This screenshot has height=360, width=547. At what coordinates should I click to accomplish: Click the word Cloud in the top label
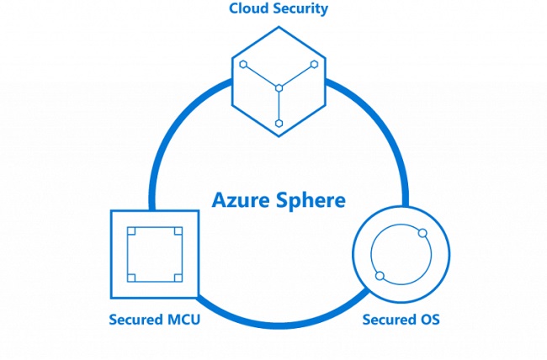click(245, 8)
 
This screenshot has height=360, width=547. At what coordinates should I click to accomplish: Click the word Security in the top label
click(296, 9)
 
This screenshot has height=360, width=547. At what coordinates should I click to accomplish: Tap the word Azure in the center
click(241, 200)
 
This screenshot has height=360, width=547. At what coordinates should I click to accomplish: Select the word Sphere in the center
click(311, 200)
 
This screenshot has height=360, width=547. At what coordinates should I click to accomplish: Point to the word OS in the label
click(428, 320)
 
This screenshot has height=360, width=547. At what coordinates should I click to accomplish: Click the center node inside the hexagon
click(279, 88)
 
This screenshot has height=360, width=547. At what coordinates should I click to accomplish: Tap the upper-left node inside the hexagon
click(243, 65)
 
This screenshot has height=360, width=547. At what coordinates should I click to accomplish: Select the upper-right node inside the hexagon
click(315, 64)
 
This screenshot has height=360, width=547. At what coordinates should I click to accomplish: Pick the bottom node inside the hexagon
click(279, 124)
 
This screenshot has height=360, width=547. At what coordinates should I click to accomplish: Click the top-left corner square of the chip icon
click(131, 231)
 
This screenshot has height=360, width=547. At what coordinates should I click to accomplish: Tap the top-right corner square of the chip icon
click(178, 231)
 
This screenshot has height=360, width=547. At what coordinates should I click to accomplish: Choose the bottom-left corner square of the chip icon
click(131, 278)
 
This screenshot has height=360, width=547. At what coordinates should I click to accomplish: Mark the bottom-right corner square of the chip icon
click(178, 278)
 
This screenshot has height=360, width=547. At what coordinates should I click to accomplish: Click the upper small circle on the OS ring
click(422, 233)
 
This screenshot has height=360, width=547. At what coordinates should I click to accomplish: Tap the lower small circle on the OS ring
click(380, 276)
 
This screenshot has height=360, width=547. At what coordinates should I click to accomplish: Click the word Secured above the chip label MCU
click(136, 320)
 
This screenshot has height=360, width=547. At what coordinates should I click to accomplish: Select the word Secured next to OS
click(388, 320)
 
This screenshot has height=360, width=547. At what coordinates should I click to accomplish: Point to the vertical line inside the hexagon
click(279, 106)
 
